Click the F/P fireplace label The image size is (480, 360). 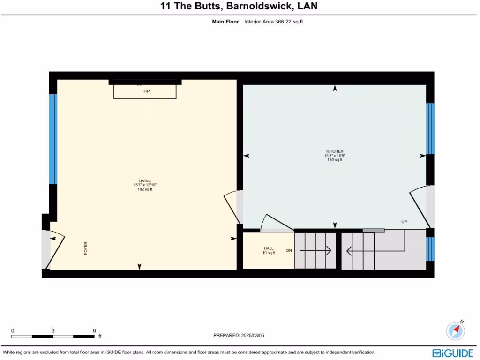pos(147,91)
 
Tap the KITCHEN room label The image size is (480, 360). pos(335,151)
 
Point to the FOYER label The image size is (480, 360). pos(86,248)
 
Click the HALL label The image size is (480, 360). pos(269,248)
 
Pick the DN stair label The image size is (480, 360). pos(289,251)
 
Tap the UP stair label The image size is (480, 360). pos(404,222)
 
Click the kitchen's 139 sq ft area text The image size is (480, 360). pos(335,160)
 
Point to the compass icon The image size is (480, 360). pos(456,330)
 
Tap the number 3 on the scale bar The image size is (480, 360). pos(53,330)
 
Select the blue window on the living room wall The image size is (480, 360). pos(53,139)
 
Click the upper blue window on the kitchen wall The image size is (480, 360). pos(430,128)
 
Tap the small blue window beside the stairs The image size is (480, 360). pos(430,248)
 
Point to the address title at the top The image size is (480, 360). pos(240,6)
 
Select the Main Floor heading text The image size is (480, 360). pos(225,22)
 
